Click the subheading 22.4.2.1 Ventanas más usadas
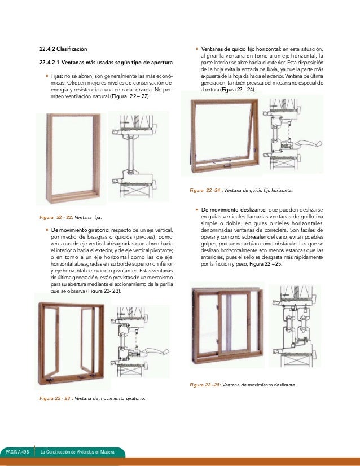pos(106,62)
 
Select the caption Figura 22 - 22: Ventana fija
pos(71,217)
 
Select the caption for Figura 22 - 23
pos(93,398)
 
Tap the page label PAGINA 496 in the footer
pos(17,452)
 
